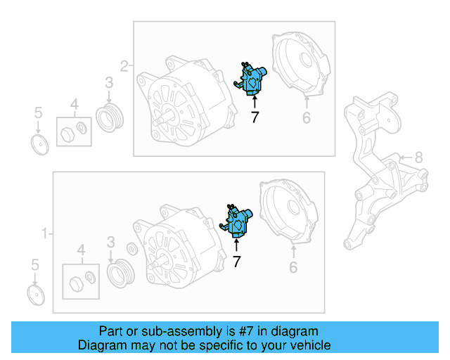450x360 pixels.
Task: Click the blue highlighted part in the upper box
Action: pos(250,79)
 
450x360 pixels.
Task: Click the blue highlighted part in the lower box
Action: pos(236,221)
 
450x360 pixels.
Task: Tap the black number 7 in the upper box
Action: pos(255,117)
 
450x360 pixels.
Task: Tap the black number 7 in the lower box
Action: pos(236,262)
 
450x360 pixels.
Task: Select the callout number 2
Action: pos(124,66)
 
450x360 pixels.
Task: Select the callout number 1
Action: pos(44,233)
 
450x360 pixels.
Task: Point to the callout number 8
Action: pos(419,157)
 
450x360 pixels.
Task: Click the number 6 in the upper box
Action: pos(307,117)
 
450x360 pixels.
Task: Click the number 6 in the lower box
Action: pos(293,267)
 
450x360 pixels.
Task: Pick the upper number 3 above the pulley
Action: pos(109,82)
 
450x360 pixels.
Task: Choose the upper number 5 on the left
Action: pos(38,112)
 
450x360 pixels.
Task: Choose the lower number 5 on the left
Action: pos(35,264)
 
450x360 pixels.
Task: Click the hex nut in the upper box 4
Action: pos(67,134)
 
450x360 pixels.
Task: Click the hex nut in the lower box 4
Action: pos(77,284)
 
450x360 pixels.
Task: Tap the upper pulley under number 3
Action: pos(110,117)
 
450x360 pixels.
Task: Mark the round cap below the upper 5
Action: pos(39,144)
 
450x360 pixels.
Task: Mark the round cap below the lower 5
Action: pos(36,295)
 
